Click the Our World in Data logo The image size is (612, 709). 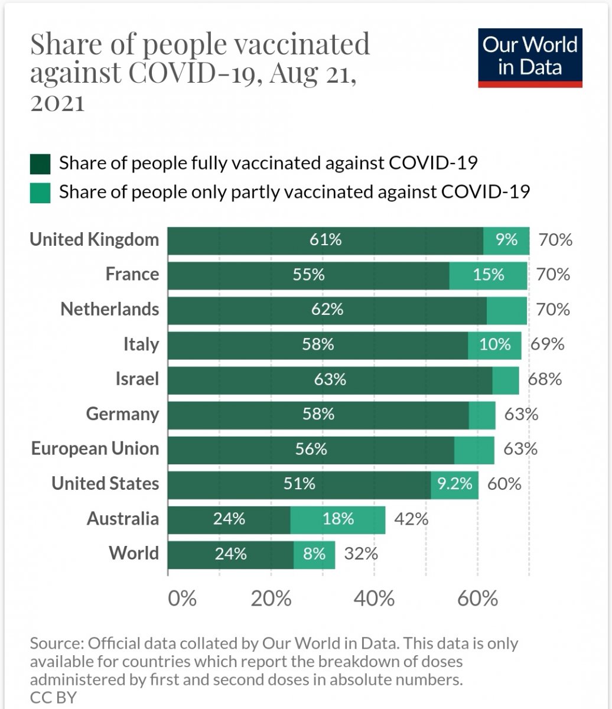pyautogui.click(x=530, y=57)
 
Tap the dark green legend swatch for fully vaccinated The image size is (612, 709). pyautogui.click(x=41, y=164)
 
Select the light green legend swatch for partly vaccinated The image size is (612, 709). pyautogui.click(x=41, y=193)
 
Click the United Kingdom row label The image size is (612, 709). pyautogui.click(x=95, y=239)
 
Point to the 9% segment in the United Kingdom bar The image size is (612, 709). pyautogui.click(x=506, y=240)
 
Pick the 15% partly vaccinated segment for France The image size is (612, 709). pyautogui.click(x=488, y=275)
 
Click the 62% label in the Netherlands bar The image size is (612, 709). pyautogui.click(x=327, y=310)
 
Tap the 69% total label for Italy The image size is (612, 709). pyautogui.click(x=547, y=344)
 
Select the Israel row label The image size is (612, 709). pyautogui.click(x=137, y=379)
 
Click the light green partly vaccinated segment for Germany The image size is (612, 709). pyautogui.click(x=482, y=414)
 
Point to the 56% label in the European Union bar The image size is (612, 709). pyautogui.click(x=311, y=449)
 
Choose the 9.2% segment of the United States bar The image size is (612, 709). pyautogui.click(x=454, y=484)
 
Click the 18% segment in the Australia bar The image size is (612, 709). pyautogui.click(x=338, y=519)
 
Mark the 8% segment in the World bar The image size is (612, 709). pyautogui.click(x=314, y=554)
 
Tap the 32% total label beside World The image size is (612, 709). pyautogui.click(x=361, y=554)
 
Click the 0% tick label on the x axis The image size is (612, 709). pyautogui.click(x=182, y=599)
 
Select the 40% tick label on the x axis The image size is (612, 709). pyautogui.click(x=375, y=599)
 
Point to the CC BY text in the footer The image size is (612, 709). pyautogui.click(x=53, y=697)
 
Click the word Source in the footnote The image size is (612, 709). pyautogui.click(x=56, y=643)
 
